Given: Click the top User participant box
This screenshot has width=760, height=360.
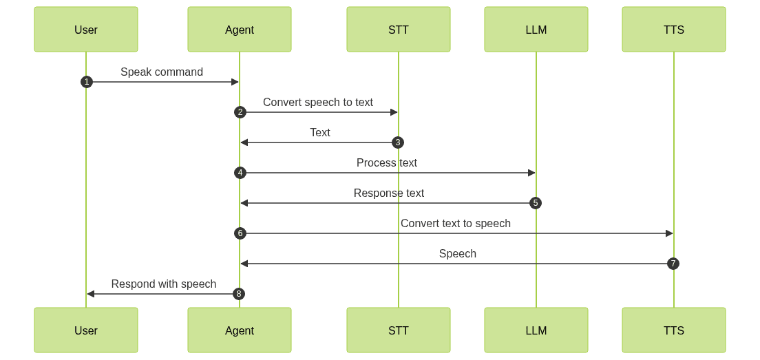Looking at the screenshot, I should pos(86,30).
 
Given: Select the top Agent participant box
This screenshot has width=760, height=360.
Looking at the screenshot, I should pos(240,30).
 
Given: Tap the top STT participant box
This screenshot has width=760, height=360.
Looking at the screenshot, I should pos(398,30).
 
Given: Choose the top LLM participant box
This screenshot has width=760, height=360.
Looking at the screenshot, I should pos(536,30).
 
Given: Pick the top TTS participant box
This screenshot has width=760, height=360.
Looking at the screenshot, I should pos(673,30).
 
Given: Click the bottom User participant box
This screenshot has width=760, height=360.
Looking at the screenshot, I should pos(86,330).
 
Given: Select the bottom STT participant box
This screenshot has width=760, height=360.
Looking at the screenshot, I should pos(398,330).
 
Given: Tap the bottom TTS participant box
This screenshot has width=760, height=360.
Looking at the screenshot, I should pos(673,330).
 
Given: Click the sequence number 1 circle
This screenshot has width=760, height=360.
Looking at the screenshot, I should pos(86,82).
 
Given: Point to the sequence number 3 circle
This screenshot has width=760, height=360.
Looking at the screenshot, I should pos(398,142).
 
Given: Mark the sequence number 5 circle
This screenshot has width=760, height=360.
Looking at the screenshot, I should pos(536,203).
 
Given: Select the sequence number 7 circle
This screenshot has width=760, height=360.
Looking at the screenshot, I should pos(673,264).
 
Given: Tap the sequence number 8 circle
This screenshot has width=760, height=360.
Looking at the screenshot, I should pos(240,294).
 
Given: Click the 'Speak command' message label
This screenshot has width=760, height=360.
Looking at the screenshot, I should pos(162,72).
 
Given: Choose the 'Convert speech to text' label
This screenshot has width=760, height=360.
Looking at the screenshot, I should pos(318,102).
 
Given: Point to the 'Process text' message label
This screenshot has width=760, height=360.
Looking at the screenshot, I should pos(387,162).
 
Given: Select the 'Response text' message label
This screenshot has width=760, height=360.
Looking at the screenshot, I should pos(389,193).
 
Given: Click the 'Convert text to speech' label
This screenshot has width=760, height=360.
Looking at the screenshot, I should pos(456,223).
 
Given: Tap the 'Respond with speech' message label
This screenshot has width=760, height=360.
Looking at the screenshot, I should pos(164,284).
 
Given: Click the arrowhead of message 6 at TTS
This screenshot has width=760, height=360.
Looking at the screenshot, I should pos(669,233).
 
